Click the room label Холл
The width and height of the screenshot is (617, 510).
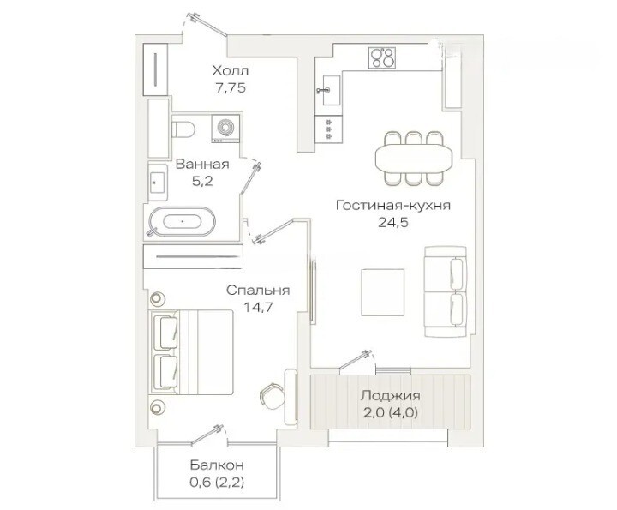[x=231, y=71]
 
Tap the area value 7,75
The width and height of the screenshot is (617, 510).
[x=231, y=88]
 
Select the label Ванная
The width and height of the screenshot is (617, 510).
[x=202, y=164]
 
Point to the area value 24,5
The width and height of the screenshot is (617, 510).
[x=393, y=223]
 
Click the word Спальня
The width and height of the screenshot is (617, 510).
[x=258, y=291]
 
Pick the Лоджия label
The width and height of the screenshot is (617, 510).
[x=391, y=395]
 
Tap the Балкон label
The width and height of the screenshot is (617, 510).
[x=217, y=465]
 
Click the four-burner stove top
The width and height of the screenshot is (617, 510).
[x=382, y=57]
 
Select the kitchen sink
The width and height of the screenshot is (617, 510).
[x=332, y=90]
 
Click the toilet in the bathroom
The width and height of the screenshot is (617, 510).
[x=183, y=129]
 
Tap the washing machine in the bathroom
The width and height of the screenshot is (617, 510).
[x=225, y=128]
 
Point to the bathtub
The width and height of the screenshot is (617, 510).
[x=183, y=221]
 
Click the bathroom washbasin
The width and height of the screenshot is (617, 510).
[x=159, y=182]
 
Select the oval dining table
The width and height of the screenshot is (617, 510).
[x=415, y=159]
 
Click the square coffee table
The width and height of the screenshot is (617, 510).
[x=383, y=292]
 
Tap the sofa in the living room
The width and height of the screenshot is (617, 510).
[x=446, y=291]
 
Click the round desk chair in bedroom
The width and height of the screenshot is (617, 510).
[x=273, y=395]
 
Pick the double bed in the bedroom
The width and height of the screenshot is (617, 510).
[x=191, y=351]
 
